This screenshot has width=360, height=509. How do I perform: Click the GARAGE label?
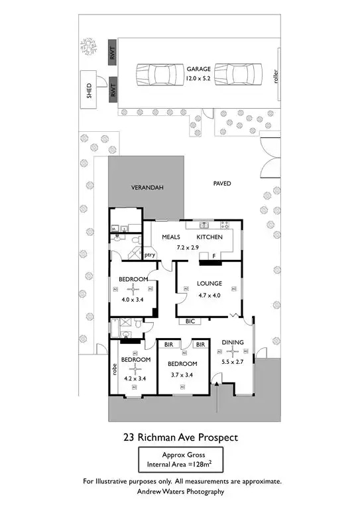[198, 68]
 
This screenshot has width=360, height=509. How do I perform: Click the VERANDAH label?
[146, 188]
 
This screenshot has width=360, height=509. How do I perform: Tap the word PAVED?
[222, 183]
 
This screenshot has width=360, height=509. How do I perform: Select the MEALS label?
[172, 237]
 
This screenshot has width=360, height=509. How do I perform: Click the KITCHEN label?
[210, 237]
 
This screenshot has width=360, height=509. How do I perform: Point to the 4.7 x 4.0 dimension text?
[209, 295]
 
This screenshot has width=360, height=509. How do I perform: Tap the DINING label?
[233, 343]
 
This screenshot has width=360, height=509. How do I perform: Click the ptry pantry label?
[150, 254]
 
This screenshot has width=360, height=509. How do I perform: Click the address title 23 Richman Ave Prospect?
[180, 437]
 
